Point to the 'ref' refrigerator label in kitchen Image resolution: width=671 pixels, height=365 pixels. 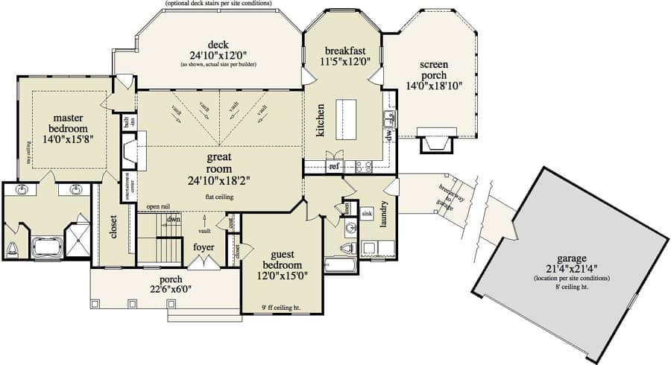click(x=334, y=166)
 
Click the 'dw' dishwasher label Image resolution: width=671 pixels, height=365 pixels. click(x=388, y=136)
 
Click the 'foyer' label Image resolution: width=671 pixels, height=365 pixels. click(x=204, y=247)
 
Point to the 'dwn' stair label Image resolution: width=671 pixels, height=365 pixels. click(x=173, y=219)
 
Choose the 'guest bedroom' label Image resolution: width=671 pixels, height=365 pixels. click(x=282, y=259)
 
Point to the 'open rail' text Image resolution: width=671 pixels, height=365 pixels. click(x=158, y=206)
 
